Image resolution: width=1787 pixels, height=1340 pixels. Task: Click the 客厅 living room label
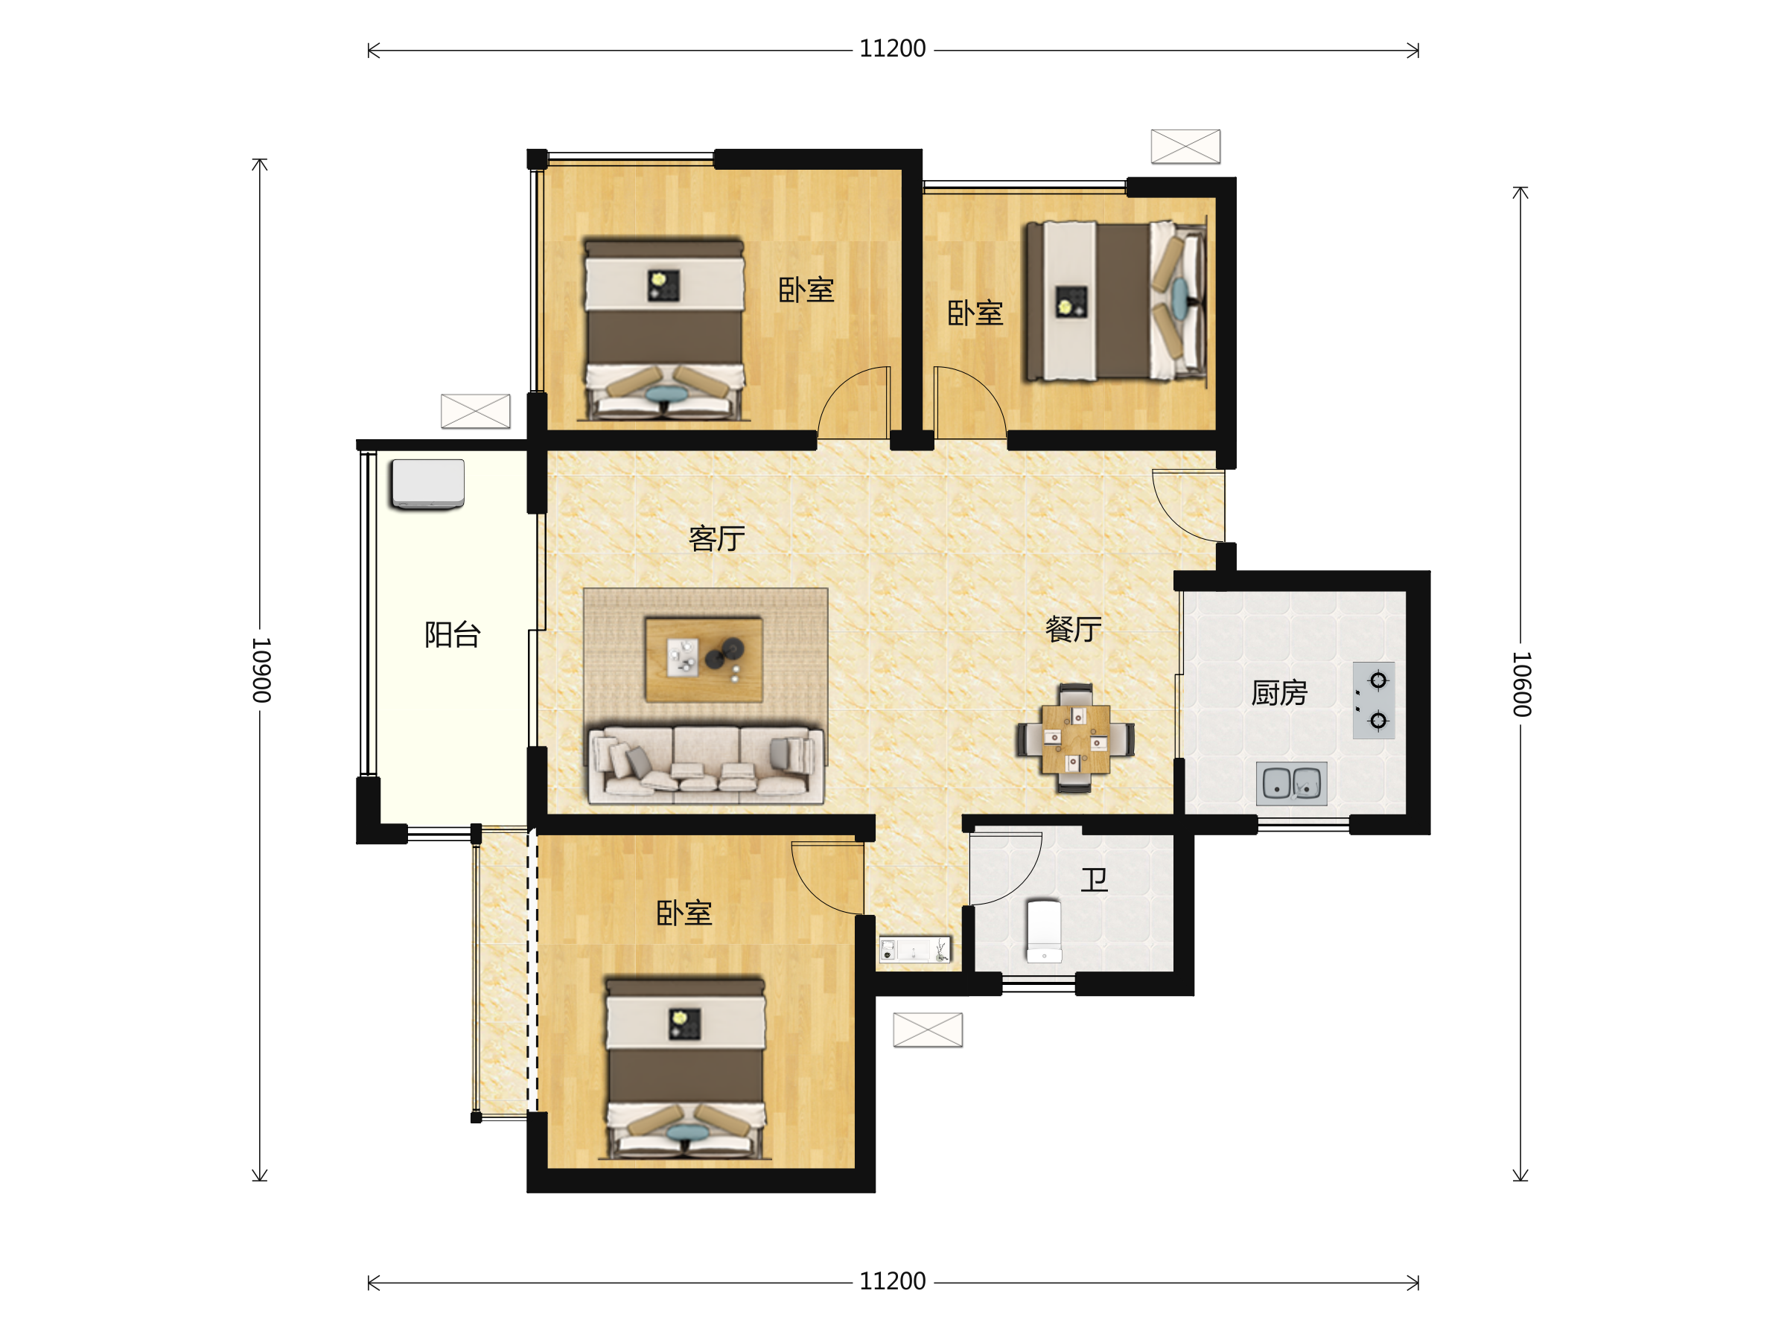[716, 539]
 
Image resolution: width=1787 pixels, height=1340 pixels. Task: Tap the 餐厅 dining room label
[1074, 629]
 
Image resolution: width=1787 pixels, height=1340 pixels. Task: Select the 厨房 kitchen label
[1279, 693]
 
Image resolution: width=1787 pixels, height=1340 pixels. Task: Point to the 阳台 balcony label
[453, 635]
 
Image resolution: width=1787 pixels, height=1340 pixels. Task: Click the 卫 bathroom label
[1095, 880]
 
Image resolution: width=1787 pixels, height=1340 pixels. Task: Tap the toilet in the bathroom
[1044, 931]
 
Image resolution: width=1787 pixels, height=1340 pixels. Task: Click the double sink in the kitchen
[1291, 782]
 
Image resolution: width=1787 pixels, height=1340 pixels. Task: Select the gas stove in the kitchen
[1373, 701]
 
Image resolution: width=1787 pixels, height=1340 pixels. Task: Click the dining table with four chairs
[1075, 739]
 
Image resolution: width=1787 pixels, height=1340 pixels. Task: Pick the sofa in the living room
[706, 765]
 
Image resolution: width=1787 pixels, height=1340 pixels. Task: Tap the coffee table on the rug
[704, 660]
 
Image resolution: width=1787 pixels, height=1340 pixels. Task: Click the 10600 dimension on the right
[1521, 684]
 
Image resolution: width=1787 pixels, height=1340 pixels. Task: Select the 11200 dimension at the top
[893, 49]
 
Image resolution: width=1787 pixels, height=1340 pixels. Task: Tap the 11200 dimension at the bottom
[893, 1282]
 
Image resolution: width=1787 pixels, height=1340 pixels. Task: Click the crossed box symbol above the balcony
[475, 411]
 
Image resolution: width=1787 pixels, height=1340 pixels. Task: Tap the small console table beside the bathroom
[915, 949]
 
